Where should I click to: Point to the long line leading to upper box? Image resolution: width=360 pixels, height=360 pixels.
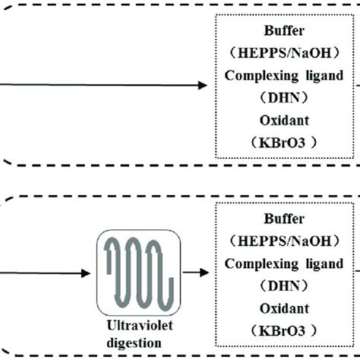tap(99, 85)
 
